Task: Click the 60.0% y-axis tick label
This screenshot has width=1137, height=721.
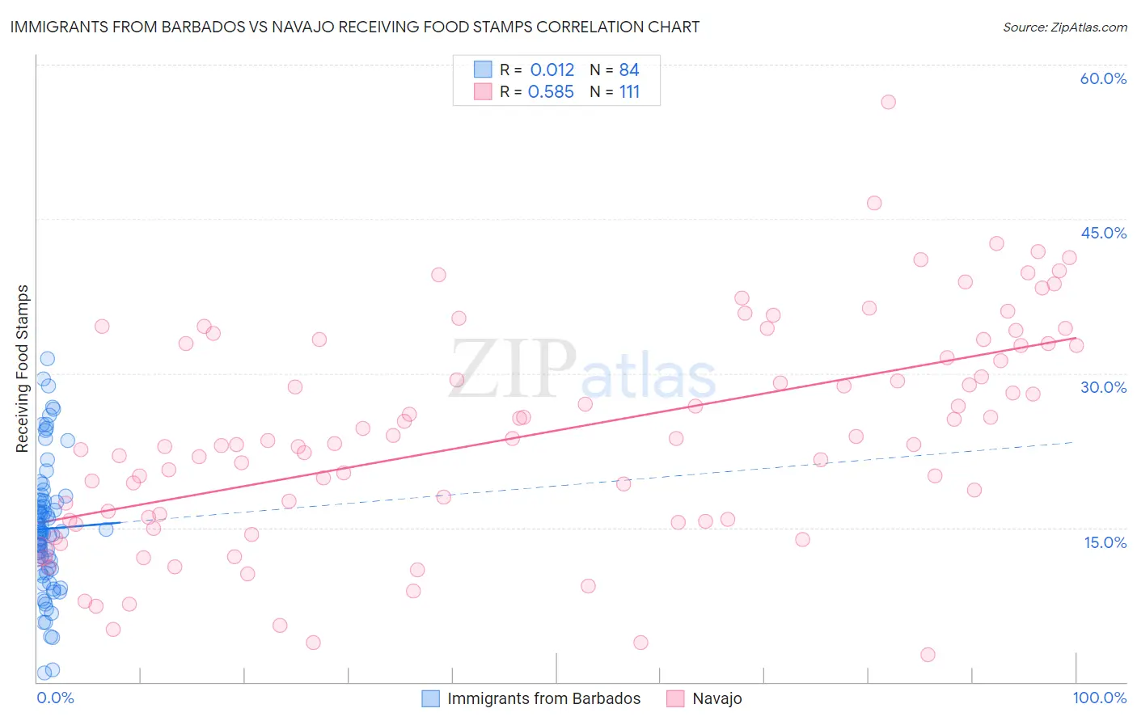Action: click(x=1103, y=78)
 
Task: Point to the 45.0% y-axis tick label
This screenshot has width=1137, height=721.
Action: click(x=1103, y=233)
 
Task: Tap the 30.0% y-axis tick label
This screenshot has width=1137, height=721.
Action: click(x=1103, y=387)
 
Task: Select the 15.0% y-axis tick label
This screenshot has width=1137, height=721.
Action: click(x=1105, y=542)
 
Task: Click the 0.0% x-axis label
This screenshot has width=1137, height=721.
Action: click(x=55, y=698)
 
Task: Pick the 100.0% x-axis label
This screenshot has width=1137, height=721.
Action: click(x=1099, y=698)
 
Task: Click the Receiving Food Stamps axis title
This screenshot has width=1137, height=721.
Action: click(x=23, y=369)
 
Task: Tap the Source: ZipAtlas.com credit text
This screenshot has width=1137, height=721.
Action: click(x=1064, y=27)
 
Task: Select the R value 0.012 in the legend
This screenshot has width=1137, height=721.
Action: click(x=552, y=70)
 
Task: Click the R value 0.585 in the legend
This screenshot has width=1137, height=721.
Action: click(x=551, y=91)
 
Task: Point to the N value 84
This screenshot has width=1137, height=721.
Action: click(x=629, y=70)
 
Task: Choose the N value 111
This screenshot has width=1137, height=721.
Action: click(x=629, y=91)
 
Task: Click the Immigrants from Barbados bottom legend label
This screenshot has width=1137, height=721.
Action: click(x=543, y=698)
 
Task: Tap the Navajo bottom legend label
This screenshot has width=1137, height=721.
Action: click(x=716, y=698)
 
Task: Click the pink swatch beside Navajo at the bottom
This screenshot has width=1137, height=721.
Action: click(x=675, y=698)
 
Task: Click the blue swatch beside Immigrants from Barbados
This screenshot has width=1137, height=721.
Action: click(x=431, y=698)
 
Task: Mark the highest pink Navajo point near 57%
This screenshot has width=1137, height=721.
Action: click(x=888, y=102)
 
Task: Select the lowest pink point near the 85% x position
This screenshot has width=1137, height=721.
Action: click(x=928, y=655)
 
